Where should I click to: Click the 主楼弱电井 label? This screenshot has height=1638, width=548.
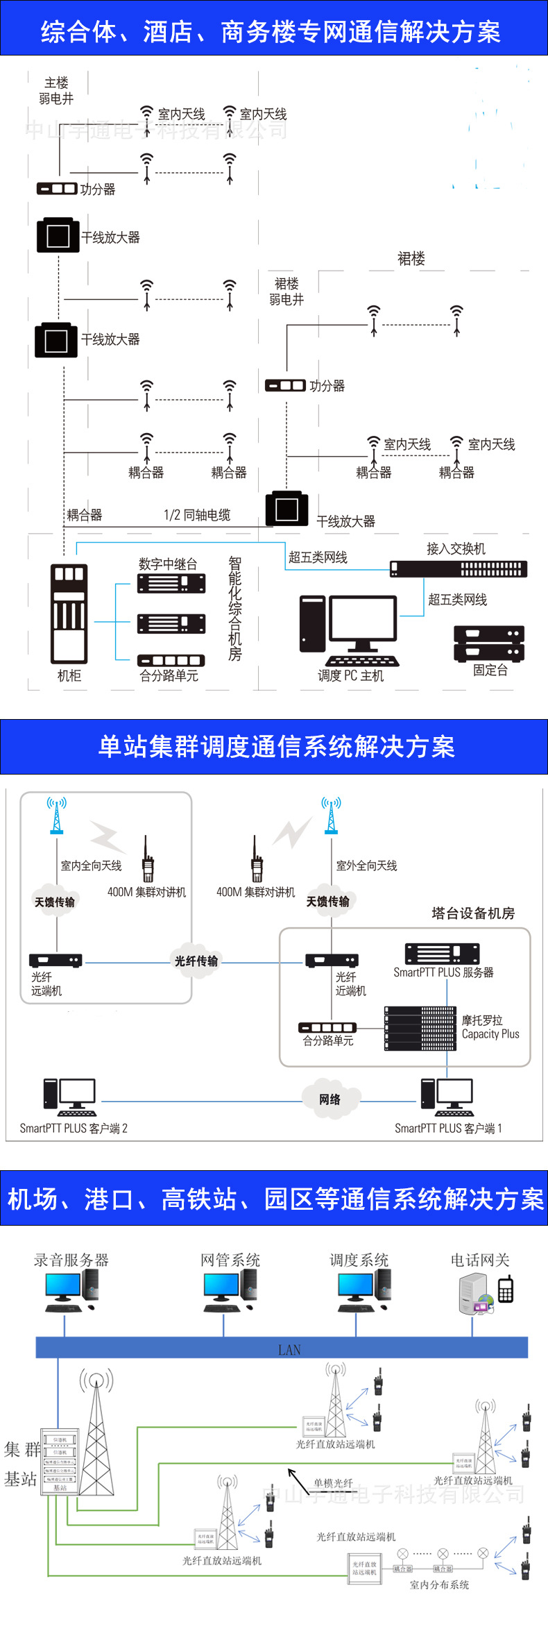click(56, 91)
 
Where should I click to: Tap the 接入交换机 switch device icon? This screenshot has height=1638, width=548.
click(458, 569)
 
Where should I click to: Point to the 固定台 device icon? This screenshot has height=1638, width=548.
click(489, 643)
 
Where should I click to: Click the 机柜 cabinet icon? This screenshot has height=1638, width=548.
click(69, 614)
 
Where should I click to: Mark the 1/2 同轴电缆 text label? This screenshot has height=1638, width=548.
click(197, 515)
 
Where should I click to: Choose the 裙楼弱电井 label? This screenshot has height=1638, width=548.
click(286, 292)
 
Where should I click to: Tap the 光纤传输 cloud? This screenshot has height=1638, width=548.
click(196, 961)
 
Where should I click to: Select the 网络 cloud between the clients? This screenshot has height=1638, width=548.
click(330, 1099)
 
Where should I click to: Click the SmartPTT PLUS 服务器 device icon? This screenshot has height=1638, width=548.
click(442, 954)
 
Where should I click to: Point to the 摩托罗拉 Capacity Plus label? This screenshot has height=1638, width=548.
click(490, 1027)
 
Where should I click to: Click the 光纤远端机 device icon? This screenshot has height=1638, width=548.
click(55, 961)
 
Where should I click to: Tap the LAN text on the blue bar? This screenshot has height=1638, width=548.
click(289, 1350)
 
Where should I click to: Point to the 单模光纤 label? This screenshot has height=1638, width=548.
click(333, 1483)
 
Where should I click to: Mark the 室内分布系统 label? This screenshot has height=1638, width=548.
click(439, 1585)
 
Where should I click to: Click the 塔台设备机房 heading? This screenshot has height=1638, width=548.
click(473, 913)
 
